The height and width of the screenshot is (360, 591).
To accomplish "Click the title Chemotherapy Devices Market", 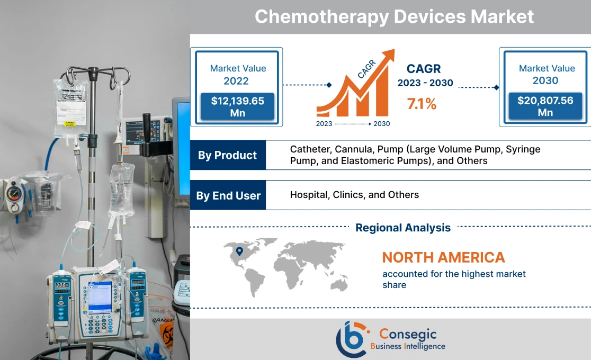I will (x=394, y=16).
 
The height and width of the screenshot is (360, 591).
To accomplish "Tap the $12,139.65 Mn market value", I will (x=237, y=106).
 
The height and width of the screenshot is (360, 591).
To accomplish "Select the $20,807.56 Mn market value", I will (x=545, y=106).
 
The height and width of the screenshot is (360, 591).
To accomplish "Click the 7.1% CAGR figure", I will (x=422, y=104).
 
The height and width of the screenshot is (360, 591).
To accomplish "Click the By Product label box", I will (x=227, y=155).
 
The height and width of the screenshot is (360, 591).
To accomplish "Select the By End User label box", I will (x=228, y=195).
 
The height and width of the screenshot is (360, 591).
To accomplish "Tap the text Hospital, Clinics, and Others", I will (x=354, y=195).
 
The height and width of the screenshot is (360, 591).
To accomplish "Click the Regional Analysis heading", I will (x=402, y=228).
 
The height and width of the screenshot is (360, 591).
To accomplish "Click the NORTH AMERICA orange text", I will (x=443, y=258).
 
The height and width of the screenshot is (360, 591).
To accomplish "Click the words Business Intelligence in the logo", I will (x=408, y=347).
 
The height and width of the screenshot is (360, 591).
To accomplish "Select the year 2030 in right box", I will (x=545, y=80).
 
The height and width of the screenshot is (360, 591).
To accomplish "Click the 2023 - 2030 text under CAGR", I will (x=425, y=84).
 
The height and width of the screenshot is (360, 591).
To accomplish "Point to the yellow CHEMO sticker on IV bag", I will (x=69, y=123).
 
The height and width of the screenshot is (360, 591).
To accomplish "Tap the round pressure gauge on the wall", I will (x=12, y=194).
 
